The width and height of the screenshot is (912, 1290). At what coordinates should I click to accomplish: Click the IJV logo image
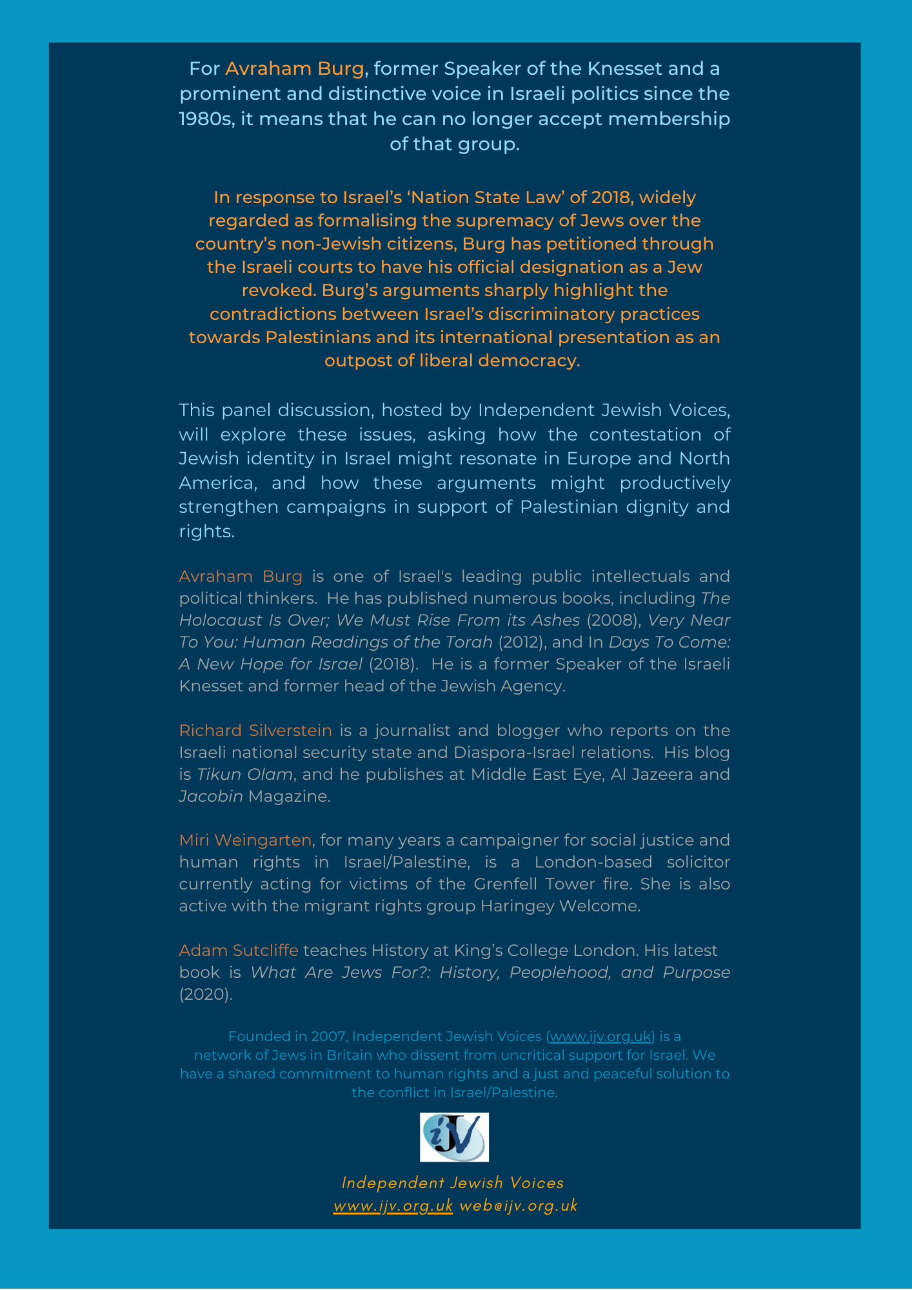click(x=454, y=1137)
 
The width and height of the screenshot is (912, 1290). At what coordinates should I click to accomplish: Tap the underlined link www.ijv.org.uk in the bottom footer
click(x=393, y=1206)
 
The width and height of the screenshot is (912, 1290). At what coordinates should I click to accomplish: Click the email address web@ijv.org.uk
click(x=519, y=1206)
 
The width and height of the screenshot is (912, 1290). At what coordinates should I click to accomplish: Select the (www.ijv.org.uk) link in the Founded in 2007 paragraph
click(x=600, y=1037)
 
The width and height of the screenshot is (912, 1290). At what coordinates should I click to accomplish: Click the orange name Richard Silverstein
click(x=255, y=730)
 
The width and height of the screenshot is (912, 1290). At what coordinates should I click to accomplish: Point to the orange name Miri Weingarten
click(x=245, y=840)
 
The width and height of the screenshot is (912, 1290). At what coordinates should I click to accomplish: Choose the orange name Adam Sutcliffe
click(x=239, y=950)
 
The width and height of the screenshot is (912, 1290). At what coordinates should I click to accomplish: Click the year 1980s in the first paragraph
click(x=205, y=119)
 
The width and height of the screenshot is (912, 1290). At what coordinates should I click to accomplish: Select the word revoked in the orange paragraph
click(x=278, y=290)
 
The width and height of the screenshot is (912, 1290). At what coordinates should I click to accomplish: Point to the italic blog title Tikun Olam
click(x=244, y=774)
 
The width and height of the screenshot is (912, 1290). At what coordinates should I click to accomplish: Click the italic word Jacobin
click(x=211, y=796)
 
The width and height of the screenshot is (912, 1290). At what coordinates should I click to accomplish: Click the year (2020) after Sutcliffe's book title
click(x=206, y=994)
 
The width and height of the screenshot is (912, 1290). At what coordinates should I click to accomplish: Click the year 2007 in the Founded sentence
click(x=328, y=1037)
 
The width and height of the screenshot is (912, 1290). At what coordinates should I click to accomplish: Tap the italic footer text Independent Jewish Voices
click(x=453, y=1182)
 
